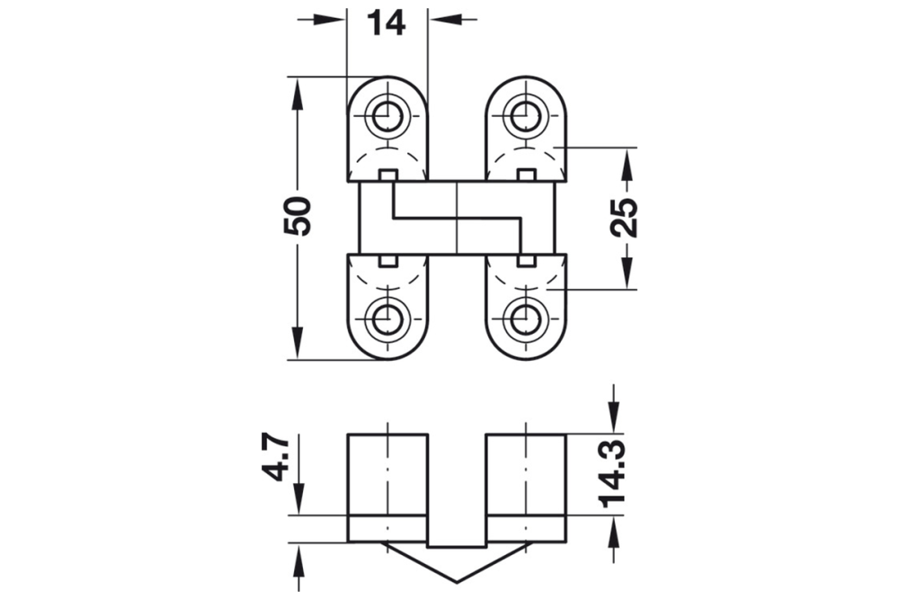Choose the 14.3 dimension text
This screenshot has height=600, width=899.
pyautogui.click(x=615, y=477)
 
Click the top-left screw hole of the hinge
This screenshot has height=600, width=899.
pyautogui.click(x=387, y=114)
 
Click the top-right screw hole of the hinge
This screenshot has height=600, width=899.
pyautogui.click(x=525, y=114)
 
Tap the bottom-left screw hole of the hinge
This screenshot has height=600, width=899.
pyautogui.click(x=387, y=318)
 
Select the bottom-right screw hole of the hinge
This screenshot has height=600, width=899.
pyautogui.click(x=525, y=318)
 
